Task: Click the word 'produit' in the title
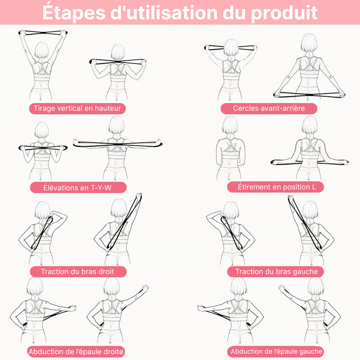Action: point(284,13)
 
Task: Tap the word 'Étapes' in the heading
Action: point(74,12)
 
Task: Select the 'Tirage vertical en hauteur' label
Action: point(77,108)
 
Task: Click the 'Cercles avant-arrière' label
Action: point(269,108)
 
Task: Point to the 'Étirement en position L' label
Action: point(275,187)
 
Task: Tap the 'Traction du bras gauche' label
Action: point(275,272)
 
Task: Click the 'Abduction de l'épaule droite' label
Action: point(76,351)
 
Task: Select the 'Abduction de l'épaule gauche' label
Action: point(275,351)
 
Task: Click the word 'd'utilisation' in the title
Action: point(164,13)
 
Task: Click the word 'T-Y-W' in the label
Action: point(101,188)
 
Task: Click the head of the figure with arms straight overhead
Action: point(41,50)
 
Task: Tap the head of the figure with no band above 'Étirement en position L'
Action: point(230,125)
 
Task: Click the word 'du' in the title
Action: point(234,13)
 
